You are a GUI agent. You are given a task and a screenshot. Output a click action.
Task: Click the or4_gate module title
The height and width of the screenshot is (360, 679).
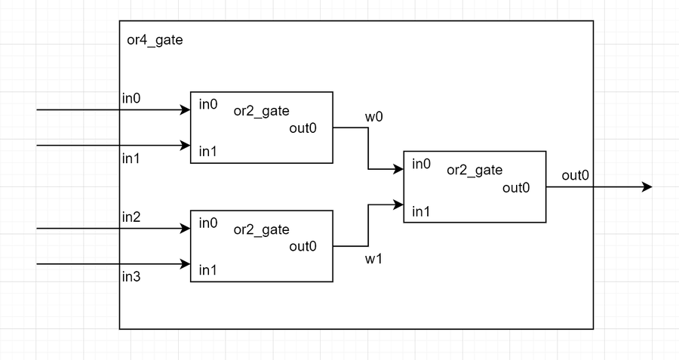click(155, 39)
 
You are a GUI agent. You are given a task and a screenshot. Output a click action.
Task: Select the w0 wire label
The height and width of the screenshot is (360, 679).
click(374, 118)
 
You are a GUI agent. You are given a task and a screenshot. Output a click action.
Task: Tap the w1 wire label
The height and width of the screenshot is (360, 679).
click(374, 259)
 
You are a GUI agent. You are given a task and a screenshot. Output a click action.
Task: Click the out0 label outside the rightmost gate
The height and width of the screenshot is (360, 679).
click(575, 176)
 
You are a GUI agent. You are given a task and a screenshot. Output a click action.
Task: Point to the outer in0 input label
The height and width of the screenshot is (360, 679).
click(132, 98)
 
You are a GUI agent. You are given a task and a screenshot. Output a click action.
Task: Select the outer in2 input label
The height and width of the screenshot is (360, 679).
click(132, 217)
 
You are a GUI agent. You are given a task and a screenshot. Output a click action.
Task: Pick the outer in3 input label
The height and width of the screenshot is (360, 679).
click(132, 276)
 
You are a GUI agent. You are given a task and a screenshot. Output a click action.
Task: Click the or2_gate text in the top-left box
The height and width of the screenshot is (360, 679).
click(261, 112)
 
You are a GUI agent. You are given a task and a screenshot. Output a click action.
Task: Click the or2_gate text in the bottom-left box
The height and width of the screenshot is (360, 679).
click(261, 229)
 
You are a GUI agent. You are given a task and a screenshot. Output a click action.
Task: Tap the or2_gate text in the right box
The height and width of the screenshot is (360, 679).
click(475, 171)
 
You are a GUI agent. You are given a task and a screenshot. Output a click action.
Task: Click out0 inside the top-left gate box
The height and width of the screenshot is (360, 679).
click(303, 128)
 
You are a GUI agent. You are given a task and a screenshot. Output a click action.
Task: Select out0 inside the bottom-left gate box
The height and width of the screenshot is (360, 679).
click(303, 246)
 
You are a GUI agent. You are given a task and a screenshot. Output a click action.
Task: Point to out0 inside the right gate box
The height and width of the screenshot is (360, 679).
click(516, 187)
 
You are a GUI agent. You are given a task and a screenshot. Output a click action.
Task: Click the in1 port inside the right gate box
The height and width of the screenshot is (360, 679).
click(421, 211)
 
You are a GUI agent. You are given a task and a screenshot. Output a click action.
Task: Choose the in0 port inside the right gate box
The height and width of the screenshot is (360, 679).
click(421, 164)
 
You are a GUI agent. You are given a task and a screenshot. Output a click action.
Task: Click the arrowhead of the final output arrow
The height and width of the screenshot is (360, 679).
click(647, 187)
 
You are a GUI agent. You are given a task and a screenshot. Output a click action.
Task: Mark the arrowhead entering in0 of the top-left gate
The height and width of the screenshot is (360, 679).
click(186, 110)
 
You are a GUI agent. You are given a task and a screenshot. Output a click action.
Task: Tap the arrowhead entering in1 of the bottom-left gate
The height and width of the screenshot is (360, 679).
click(186, 264)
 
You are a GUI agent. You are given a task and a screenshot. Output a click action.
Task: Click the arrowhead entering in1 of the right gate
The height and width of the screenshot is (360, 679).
click(399, 204)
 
